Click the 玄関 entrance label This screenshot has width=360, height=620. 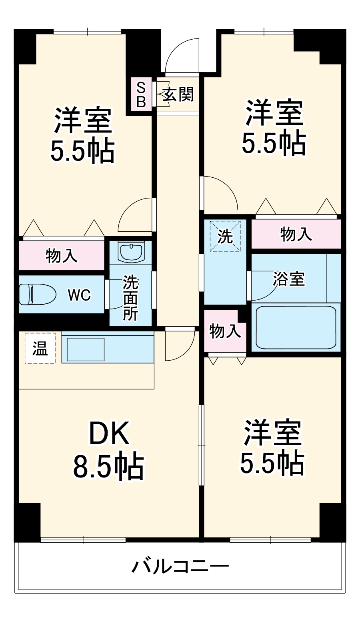(x=178, y=94)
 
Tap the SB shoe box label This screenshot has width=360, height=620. (x=141, y=95)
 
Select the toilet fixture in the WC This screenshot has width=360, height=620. (x=38, y=294)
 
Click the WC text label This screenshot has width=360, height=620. (x=80, y=295)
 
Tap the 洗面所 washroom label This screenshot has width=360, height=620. (x=131, y=297)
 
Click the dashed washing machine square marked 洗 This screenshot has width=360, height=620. (x=225, y=236)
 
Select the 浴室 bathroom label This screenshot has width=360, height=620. (x=289, y=279)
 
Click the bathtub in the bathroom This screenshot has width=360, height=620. (x=296, y=327)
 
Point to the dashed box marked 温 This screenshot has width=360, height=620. (x=40, y=348)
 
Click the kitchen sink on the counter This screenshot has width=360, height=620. (x=86, y=349)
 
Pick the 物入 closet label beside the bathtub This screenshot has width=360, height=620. (x=225, y=331)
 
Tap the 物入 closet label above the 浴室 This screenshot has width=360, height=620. (x=296, y=234)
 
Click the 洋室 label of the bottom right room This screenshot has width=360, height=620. (x=272, y=432)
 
